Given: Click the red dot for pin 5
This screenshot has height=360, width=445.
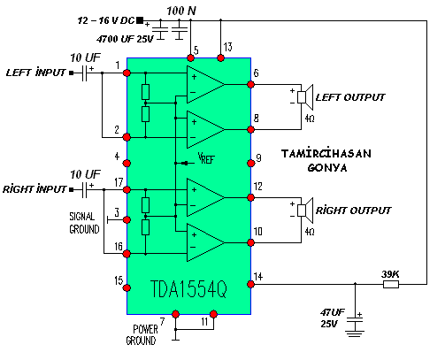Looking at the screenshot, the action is (190, 58).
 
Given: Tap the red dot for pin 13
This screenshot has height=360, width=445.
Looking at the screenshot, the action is (220, 58).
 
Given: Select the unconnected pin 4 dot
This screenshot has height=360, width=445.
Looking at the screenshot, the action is (127, 163).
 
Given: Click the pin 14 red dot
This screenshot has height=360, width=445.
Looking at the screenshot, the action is (250, 284).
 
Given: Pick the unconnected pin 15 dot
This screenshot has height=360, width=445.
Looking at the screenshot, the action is (127, 287).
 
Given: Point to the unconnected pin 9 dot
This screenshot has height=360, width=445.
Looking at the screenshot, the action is (250, 163).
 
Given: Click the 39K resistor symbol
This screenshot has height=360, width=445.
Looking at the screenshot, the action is (391, 284).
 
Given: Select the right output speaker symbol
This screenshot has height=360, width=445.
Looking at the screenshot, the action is (305, 211).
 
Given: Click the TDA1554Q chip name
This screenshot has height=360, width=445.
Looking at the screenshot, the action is (188, 289).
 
